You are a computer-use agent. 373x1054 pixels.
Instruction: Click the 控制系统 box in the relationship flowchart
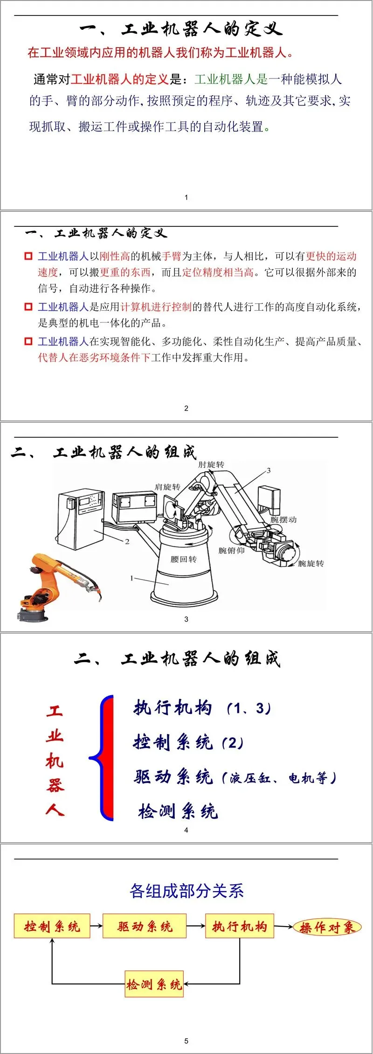point(52,926)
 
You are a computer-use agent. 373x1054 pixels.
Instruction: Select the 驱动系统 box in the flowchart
point(145,926)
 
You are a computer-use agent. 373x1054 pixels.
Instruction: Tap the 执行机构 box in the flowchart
point(240,926)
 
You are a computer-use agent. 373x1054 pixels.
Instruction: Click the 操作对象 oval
point(327,927)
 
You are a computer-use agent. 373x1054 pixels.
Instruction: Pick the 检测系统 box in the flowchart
point(154,984)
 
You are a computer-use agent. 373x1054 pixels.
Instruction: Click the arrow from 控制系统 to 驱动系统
point(97,926)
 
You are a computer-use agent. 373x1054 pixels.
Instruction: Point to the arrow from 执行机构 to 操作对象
point(283,927)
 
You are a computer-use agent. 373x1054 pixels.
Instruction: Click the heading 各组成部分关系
point(186,891)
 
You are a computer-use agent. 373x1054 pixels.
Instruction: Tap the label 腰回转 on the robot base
point(183,559)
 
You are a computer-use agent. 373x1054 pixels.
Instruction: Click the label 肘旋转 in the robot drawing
point(211,465)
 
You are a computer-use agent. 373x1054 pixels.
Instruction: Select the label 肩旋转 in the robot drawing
point(167,487)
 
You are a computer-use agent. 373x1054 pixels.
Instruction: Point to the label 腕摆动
point(283,519)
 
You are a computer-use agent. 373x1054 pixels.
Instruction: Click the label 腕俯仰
point(231,551)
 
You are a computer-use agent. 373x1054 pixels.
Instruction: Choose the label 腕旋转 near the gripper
point(311,564)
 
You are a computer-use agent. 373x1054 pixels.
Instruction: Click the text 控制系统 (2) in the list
point(188,742)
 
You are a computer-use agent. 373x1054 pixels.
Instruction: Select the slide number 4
point(186,830)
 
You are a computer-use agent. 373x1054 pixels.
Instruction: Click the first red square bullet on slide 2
point(28,256)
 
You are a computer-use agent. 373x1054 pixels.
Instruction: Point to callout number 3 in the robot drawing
point(269,470)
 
